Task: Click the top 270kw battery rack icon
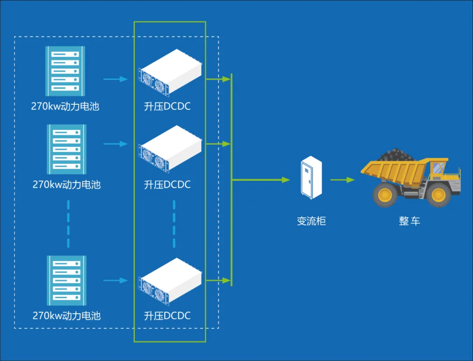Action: (x=65, y=71)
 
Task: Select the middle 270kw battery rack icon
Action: (x=67, y=149)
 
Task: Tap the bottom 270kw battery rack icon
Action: (x=67, y=280)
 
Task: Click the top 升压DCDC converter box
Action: (x=170, y=73)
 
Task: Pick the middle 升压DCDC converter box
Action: (x=170, y=149)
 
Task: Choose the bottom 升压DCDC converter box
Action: (x=170, y=281)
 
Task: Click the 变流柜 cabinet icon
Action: (x=311, y=177)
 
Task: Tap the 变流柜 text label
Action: (x=311, y=221)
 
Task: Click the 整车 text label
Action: (x=409, y=221)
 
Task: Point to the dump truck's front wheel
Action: (x=438, y=195)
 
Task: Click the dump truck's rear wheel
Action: (x=385, y=195)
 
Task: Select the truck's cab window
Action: (x=439, y=168)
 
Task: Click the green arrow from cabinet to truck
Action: (x=342, y=180)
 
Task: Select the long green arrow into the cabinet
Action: (x=261, y=180)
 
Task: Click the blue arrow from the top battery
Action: (x=116, y=79)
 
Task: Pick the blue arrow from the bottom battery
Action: (x=116, y=280)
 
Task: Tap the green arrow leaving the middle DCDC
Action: (x=219, y=144)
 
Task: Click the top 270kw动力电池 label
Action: (x=65, y=106)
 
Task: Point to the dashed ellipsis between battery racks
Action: (x=68, y=224)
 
